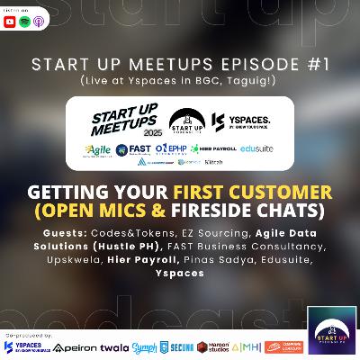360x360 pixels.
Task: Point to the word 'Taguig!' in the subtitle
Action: [244, 79]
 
